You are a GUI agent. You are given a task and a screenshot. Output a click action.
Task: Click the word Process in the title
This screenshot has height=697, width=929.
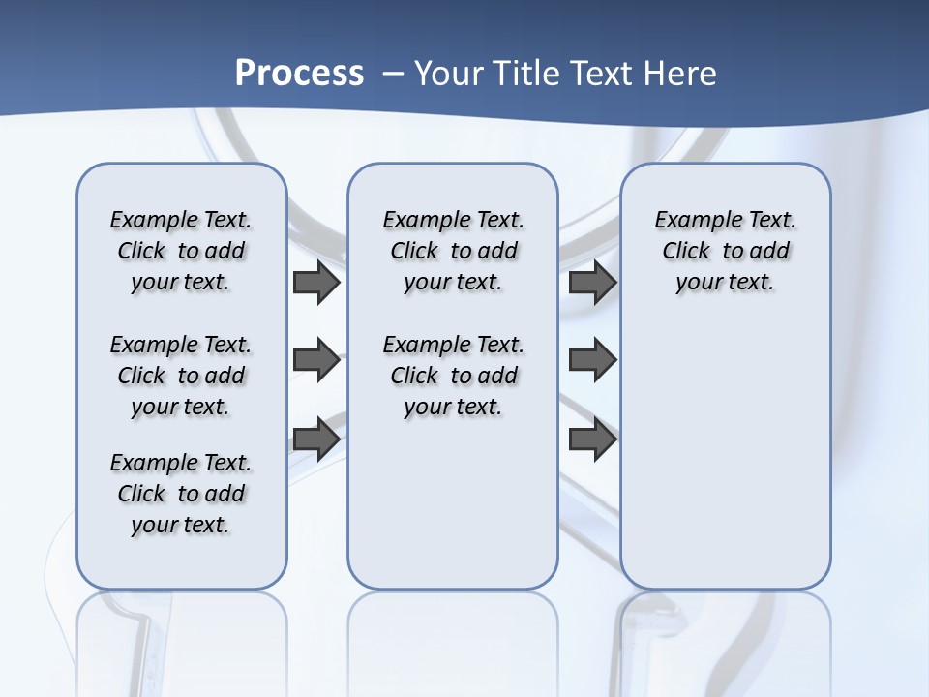pyautogui.click(x=299, y=73)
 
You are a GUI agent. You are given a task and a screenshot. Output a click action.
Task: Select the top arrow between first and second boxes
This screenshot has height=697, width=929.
pyautogui.click(x=315, y=283)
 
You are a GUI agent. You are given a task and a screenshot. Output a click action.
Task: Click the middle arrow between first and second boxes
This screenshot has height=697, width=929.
pyautogui.click(x=315, y=360)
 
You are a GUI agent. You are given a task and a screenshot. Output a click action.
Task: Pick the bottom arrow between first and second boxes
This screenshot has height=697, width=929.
pyautogui.click(x=315, y=439)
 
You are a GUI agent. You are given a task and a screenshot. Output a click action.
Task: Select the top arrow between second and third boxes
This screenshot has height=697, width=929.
pyautogui.click(x=592, y=283)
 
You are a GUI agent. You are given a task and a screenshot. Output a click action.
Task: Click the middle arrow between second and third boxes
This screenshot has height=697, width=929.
pyautogui.click(x=592, y=360)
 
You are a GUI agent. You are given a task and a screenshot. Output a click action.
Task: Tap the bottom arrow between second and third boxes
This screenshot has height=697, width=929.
pyautogui.click(x=592, y=439)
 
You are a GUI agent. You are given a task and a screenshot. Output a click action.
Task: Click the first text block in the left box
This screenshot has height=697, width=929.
pyautogui.click(x=181, y=251)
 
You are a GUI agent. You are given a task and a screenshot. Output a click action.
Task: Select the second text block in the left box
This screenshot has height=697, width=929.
pyautogui.click(x=181, y=376)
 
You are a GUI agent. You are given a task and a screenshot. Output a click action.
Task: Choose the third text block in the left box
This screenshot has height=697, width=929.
pyautogui.click(x=181, y=494)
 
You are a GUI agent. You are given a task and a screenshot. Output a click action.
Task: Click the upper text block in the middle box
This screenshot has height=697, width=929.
pyautogui.click(x=453, y=251)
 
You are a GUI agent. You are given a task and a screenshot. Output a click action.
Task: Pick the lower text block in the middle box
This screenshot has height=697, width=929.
pyautogui.click(x=453, y=376)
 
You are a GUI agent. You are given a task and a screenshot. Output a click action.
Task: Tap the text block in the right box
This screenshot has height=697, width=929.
pyautogui.click(x=725, y=251)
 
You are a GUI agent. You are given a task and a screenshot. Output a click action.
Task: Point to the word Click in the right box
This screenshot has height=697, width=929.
pyautogui.click(x=686, y=252)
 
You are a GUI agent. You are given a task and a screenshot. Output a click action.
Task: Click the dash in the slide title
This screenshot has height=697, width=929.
pyautogui.click(x=393, y=73)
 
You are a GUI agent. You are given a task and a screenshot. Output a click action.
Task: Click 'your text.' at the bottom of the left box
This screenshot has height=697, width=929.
pyautogui.click(x=181, y=525)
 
